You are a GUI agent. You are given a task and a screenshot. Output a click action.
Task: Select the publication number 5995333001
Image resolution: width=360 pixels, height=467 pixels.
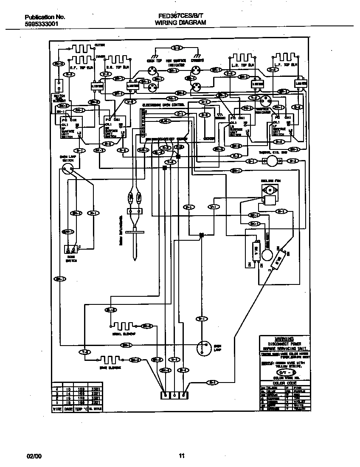pos(41,25)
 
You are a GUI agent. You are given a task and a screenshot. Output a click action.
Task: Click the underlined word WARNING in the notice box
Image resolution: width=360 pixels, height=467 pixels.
pos(284,339)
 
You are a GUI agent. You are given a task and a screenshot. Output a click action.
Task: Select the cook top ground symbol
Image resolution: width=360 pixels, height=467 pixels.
pos(155,55)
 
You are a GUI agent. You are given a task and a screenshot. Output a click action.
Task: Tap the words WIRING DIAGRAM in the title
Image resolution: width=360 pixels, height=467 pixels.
pos(180,23)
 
